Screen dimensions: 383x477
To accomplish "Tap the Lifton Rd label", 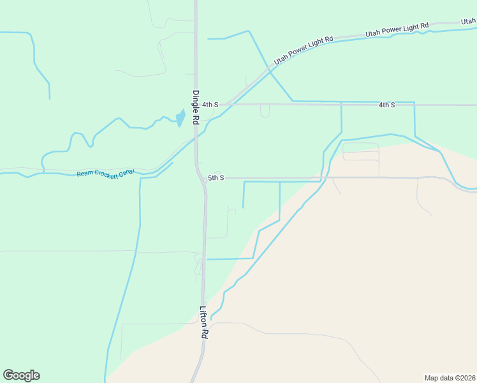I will (x=204, y=322).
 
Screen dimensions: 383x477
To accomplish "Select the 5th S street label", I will (x=216, y=178).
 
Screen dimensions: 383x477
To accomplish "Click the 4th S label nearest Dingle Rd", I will (x=210, y=104).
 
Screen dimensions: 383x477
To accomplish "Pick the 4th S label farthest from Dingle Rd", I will (x=386, y=104).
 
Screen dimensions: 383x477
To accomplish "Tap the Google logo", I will (x=21, y=375).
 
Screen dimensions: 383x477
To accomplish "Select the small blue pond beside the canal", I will (x=180, y=119).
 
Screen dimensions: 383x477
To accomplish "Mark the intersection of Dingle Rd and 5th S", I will (x=197, y=178).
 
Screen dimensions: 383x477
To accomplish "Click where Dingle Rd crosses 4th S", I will (x=196, y=104).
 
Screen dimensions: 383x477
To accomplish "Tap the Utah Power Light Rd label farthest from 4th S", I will (x=397, y=29).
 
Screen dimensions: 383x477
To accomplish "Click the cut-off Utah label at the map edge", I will (x=468, y=21).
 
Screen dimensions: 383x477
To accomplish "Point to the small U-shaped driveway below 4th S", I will (x=265, y=112).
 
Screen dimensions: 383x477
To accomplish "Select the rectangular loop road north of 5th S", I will (x=361, y=152).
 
